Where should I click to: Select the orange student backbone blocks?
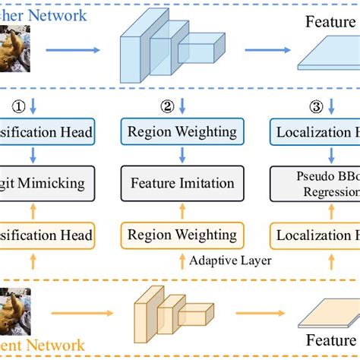click(170, 314)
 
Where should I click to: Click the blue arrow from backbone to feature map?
click(269, 49)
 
